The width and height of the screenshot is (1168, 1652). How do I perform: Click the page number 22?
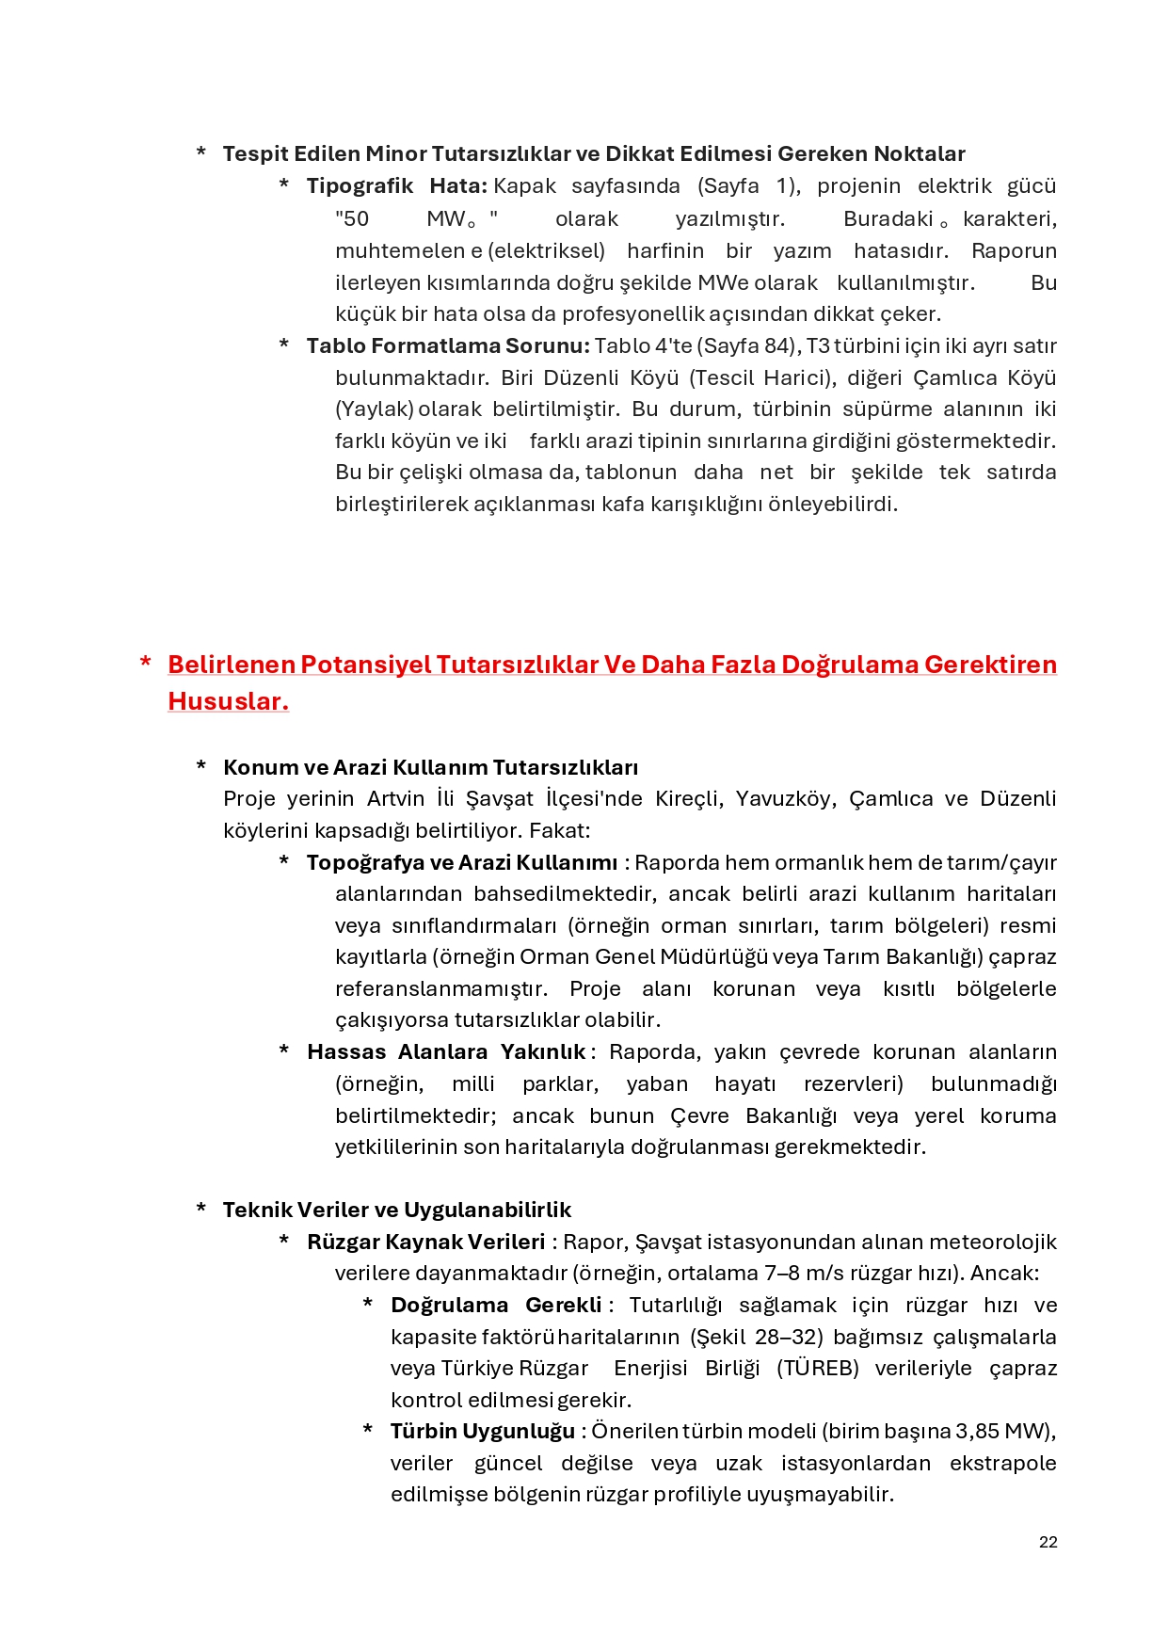pyautogui.click(x=1048, y=1542)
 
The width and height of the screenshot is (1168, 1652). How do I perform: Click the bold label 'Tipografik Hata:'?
pyautogui.click(x=396, y=186)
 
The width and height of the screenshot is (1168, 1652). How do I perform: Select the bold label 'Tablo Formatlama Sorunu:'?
pyautogui.click(x=448, y=346)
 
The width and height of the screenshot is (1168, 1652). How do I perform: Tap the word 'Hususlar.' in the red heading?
pyautogui.click(x=228, y=701)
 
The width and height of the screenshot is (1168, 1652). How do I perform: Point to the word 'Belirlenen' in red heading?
pyautogui.click(x=232, y=665)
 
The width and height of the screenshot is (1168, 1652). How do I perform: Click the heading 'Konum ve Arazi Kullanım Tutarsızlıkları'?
pyautogui.click(x=430, y=767)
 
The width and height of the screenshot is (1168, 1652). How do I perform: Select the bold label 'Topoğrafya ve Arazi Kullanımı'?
pyautogui.click(x=462, y=863)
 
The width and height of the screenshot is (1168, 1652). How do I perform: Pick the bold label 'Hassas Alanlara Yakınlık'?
pyautogui.click(x=447, y=1052)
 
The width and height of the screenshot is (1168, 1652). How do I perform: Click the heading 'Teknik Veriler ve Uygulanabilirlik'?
pyautogui.click(x=396, y=1211)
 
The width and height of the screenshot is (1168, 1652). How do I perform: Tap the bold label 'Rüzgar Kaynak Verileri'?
pyautogui.click(x=425, y=1243)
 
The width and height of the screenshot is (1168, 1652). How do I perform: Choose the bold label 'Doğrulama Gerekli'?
pyautogui.click(x=496, y=1306)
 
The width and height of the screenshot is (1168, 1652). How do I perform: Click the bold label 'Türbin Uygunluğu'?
pyautogui.click(x=483, y=1432)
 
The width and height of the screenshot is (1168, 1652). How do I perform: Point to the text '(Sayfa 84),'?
pyautogui.click(x=748, y=346)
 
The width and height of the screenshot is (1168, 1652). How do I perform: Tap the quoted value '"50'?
pyautogui.click(x=352, y=219)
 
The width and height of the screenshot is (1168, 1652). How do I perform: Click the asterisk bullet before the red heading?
pyautogui.click(x=146, y=664)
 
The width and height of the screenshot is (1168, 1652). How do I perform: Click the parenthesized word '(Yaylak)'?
pyautogui.click(x=375, y=409)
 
